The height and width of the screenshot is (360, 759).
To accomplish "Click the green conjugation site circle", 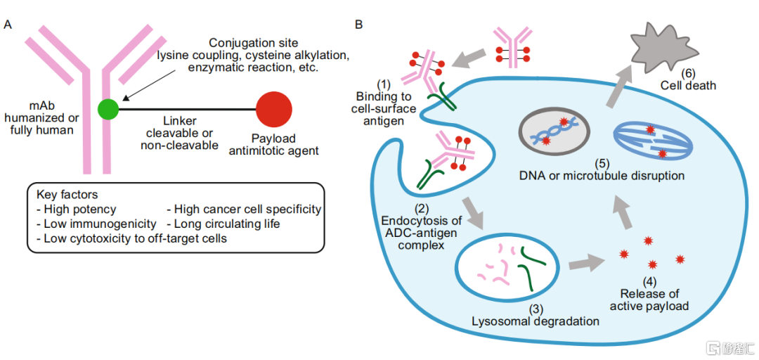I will point(108,109).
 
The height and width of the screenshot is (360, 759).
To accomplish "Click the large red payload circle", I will point(274,109).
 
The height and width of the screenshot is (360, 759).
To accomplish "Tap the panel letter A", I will point(8,25).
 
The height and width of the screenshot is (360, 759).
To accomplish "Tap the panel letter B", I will point(359,25).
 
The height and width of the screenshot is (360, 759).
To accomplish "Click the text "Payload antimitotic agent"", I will point(275,144).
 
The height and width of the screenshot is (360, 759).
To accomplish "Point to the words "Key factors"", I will point(66,195).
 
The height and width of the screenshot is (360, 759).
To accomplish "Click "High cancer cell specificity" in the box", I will point(243,209).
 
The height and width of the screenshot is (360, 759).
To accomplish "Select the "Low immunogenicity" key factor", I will point(96,224).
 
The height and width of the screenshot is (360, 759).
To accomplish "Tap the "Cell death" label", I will point(688,85).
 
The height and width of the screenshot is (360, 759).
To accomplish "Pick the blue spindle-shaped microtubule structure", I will point(653,139).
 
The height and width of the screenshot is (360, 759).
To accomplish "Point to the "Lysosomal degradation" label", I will point(535,321).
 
